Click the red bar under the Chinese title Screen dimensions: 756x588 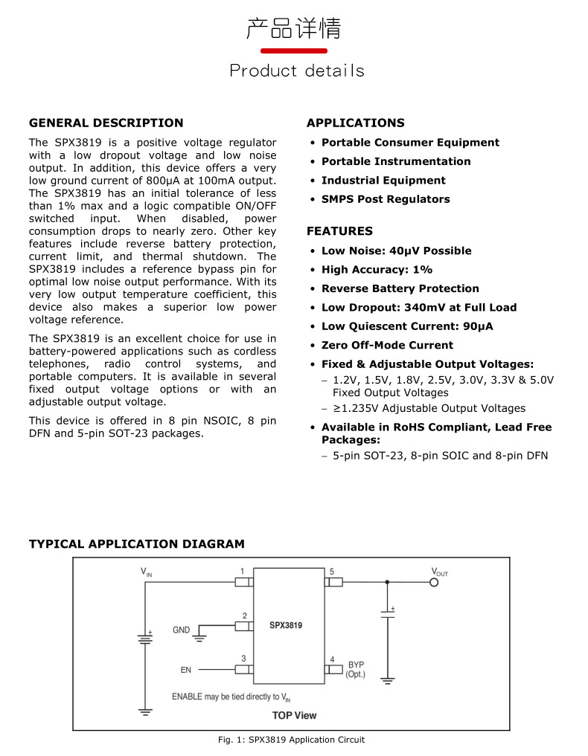pos(293,51)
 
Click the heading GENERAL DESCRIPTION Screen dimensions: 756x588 pos(106,123)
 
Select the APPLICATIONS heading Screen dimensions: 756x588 pos(356,123)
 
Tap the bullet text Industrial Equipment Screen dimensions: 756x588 pos(383,180)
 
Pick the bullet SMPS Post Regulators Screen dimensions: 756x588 pos(386,199)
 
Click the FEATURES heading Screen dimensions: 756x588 pos(339,231)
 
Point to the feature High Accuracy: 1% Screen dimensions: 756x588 pos(377,270)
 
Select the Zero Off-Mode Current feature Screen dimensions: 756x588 pos(387,345)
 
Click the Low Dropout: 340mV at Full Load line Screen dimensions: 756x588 pos(419,307)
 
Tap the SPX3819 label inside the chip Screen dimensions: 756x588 pos(286,626)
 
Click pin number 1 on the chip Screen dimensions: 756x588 pos(243,572)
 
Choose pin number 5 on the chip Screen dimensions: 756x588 pos(332,572)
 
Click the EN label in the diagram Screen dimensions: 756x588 pos(186,670)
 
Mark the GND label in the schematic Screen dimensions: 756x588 pos(182,630)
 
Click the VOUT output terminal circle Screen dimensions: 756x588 pos(435,582)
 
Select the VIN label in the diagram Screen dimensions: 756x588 pos(147,572)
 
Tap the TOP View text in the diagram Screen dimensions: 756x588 pos(294,715)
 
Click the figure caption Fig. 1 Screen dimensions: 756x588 pos(291,740)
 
